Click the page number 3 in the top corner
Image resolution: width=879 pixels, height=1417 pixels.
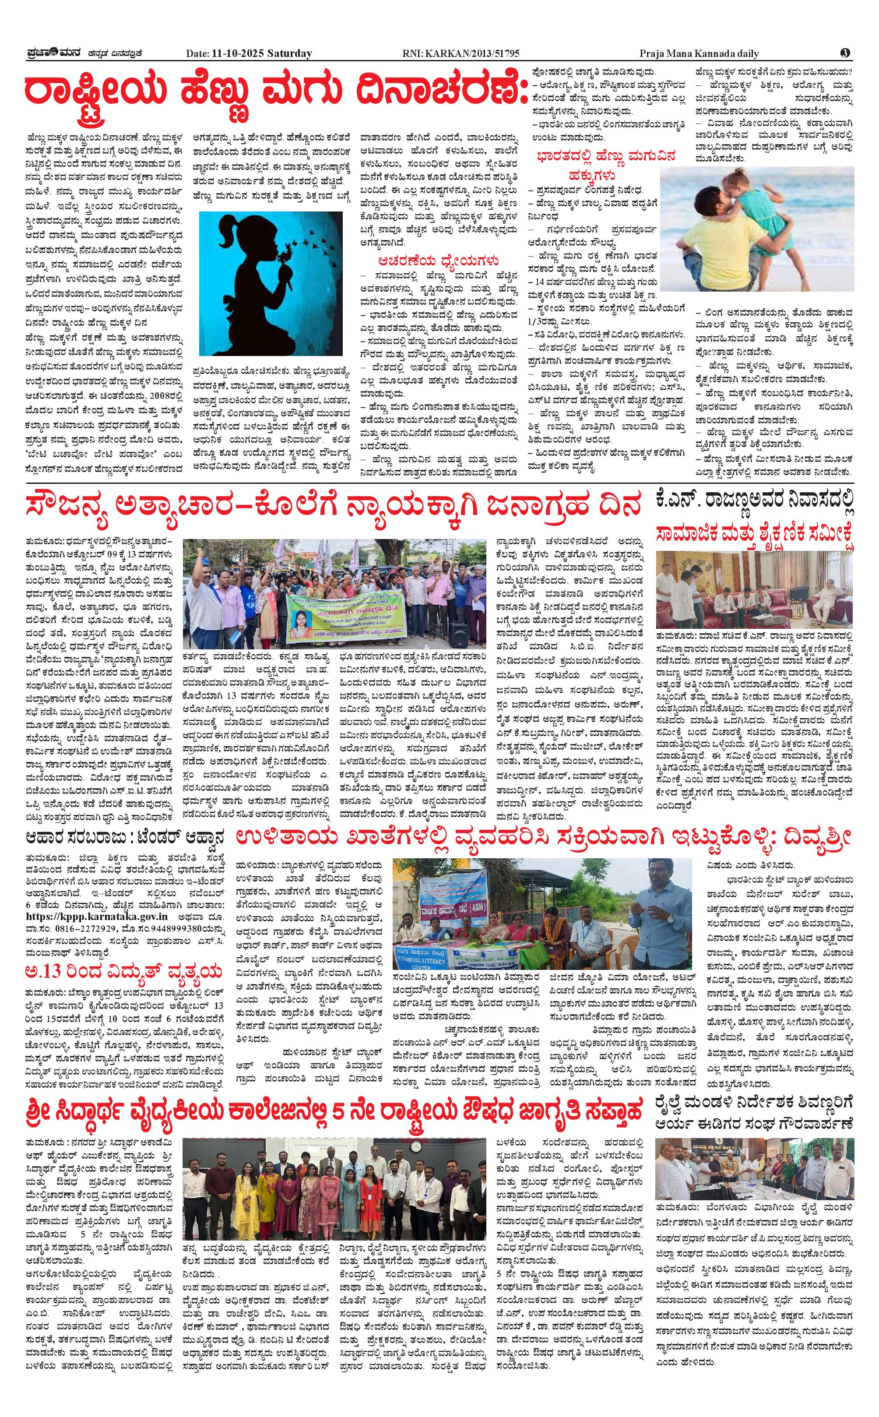click(x=845, y=53)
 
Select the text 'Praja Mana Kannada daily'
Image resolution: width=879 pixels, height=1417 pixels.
click(x=707, y=53)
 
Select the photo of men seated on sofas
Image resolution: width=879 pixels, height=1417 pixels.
click(x=755, y=588)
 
